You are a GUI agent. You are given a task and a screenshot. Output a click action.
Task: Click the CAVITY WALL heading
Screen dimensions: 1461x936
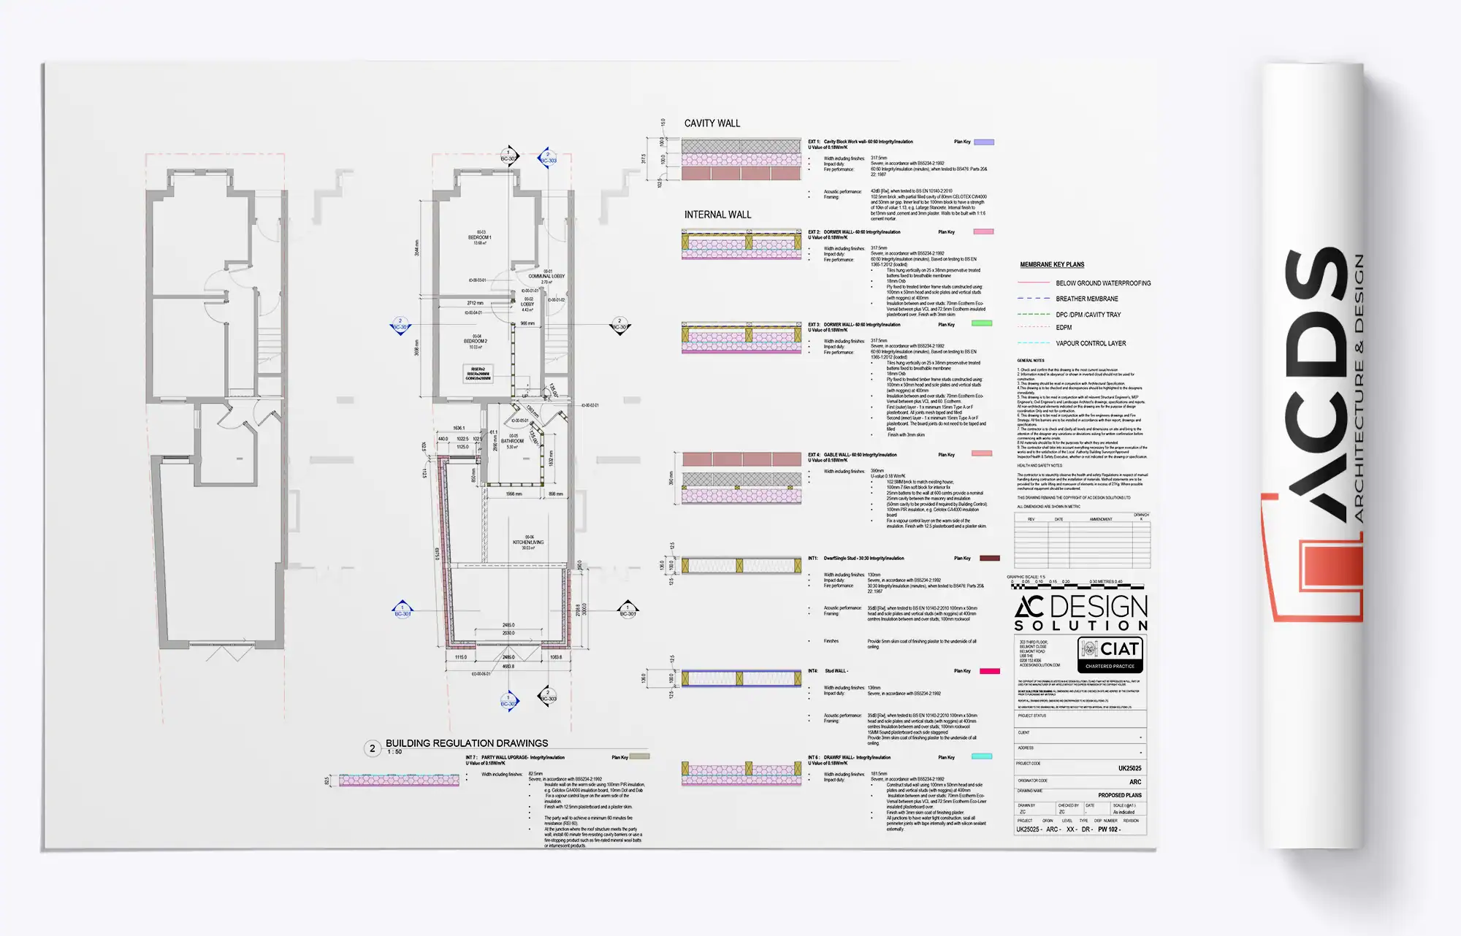tap(712, 123)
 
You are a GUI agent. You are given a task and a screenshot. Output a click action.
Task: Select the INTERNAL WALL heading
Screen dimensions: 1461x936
tap(717, 215)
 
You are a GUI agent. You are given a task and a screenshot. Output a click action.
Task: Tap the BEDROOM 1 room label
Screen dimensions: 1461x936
tap(479, 238)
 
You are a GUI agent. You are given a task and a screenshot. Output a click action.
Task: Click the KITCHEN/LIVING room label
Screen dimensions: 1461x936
tap(528, 542)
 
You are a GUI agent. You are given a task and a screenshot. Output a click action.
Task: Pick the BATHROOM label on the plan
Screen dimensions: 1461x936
tap(512, 441)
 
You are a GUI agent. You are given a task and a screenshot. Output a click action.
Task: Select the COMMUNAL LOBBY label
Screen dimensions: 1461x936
tap(546, 277)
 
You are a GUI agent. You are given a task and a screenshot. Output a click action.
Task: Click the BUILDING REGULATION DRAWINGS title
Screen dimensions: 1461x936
tap(467, 743)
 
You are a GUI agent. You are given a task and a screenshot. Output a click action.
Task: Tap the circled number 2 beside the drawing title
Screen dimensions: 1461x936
tap(373, 748)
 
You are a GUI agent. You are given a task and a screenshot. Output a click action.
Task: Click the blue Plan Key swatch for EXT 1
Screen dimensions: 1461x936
tap(984, 142)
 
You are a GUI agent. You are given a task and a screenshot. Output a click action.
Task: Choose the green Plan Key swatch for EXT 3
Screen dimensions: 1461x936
tap(981, 323)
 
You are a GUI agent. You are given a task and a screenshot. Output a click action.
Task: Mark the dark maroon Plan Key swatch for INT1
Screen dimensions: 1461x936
tap(989, 559)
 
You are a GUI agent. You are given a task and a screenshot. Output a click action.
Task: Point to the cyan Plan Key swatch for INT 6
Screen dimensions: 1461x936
tap(981, 756)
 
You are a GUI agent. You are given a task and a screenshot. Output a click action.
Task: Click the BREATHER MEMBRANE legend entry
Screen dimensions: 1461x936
tap(1086, 299)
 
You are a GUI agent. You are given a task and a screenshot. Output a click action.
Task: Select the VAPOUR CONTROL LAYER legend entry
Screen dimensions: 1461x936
tap(1090, 343)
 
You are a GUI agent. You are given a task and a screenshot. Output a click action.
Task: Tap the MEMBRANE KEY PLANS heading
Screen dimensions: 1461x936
tap(1052, 264)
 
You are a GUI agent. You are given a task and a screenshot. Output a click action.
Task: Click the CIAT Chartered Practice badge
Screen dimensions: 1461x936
tap(1110, 654)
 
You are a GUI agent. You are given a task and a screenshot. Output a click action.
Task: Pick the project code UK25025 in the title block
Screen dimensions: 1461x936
tap(1129, 768)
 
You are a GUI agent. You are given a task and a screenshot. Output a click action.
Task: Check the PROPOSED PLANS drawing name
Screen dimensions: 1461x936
tap(1119, 795)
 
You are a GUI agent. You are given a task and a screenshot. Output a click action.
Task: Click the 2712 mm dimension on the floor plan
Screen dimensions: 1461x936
tap(475, 303)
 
